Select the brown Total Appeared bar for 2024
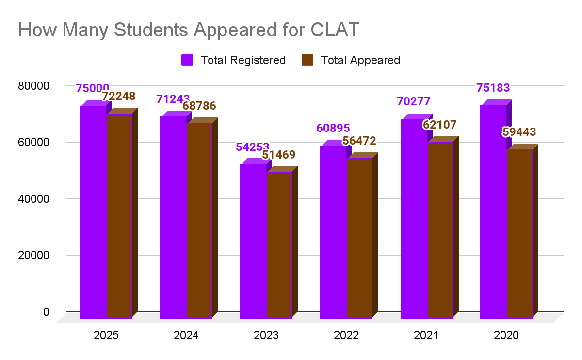coord(199,221)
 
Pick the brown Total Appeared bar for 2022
coord(359,238)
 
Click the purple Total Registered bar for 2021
coord(413,219)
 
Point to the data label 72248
coord(118,96)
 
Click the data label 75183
coord(493,88)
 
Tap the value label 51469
coord(278,155)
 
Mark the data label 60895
coord(333,128)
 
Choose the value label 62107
coord(439,124)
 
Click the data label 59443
coord(519,132)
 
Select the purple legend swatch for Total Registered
coord(187,60)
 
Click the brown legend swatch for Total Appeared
coord(307,60)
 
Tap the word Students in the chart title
coord(143,30)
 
